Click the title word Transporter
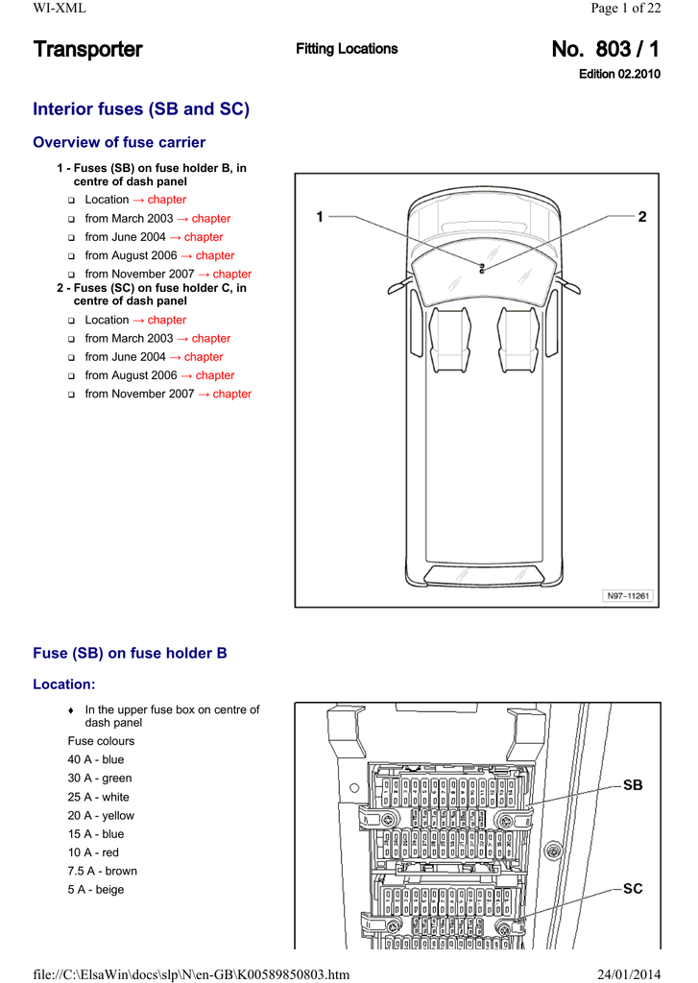87,49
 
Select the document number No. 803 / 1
606,49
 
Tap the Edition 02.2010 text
619,74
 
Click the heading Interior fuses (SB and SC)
141,109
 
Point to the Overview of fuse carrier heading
119,143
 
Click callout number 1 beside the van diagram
320,217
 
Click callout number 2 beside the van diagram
642,217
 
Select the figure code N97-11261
628,596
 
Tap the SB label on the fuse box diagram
633,785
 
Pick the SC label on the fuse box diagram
633,889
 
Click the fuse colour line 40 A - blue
96,760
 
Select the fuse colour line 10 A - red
93,852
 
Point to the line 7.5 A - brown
102,872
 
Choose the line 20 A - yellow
101,816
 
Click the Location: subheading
64,685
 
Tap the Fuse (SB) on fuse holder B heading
130,654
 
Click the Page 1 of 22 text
626,9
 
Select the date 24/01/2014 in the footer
629,975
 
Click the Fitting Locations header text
347,49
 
